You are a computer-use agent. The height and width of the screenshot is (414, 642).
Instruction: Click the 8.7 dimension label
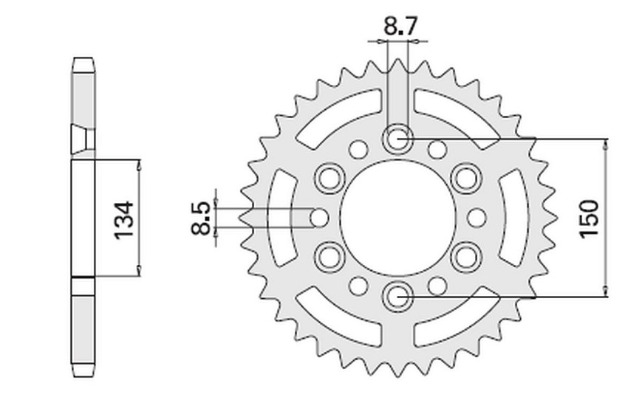click(x=400, y=27)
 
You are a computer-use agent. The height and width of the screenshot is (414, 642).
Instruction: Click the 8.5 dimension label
click(x=202, y=218)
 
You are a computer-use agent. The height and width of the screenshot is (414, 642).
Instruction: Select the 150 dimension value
click(x=588, y=218)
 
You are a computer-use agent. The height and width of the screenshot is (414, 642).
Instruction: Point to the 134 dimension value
click(x=124, y=220)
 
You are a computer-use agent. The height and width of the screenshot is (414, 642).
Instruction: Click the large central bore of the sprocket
click(x=397, y=217)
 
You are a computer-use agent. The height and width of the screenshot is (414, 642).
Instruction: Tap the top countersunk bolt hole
click(x=397, y=139)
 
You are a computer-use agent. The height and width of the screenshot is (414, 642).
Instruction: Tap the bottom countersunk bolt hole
click(x=397, y=296)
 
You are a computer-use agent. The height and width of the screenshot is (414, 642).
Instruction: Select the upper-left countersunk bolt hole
click(x=329, y=178)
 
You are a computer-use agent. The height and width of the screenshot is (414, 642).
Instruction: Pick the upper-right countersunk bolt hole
click(x=465, y=178)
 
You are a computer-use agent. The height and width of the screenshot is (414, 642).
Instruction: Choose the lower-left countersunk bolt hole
click(x=329, y=257)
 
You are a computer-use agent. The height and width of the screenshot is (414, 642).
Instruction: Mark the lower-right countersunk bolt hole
click(x=465, y=257)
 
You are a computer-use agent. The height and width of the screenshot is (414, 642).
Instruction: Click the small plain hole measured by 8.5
click(x=319, y=217)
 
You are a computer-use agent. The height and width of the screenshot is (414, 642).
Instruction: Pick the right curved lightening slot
click(x=512, y=218)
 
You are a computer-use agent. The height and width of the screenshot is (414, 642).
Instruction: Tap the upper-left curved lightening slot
click(x=340, y=120)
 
